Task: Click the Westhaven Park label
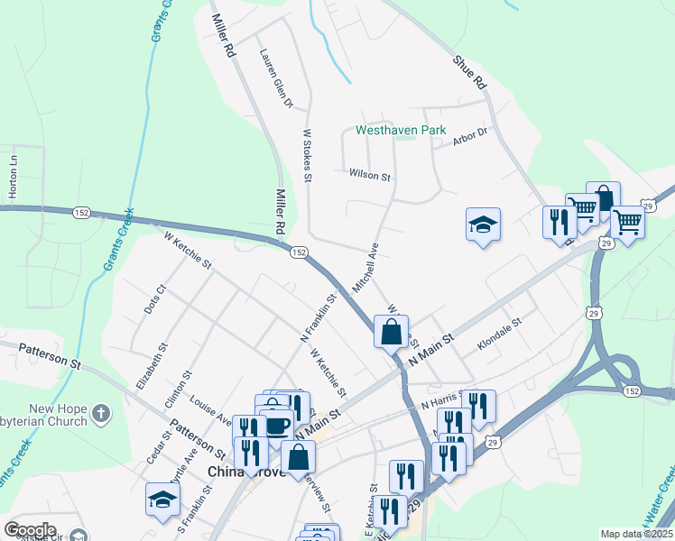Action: tap(401, 131)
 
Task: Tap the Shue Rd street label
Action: tap(470, 72)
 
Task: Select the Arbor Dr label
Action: tap(470, 133)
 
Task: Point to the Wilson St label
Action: tap(368, 174)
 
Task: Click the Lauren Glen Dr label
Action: tap(277, 78)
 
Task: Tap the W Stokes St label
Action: tap(307, 156)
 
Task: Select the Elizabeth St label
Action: tap(152, 365)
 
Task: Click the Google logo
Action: tap(30, 530)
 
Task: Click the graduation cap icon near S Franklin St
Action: tap(162, 500)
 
